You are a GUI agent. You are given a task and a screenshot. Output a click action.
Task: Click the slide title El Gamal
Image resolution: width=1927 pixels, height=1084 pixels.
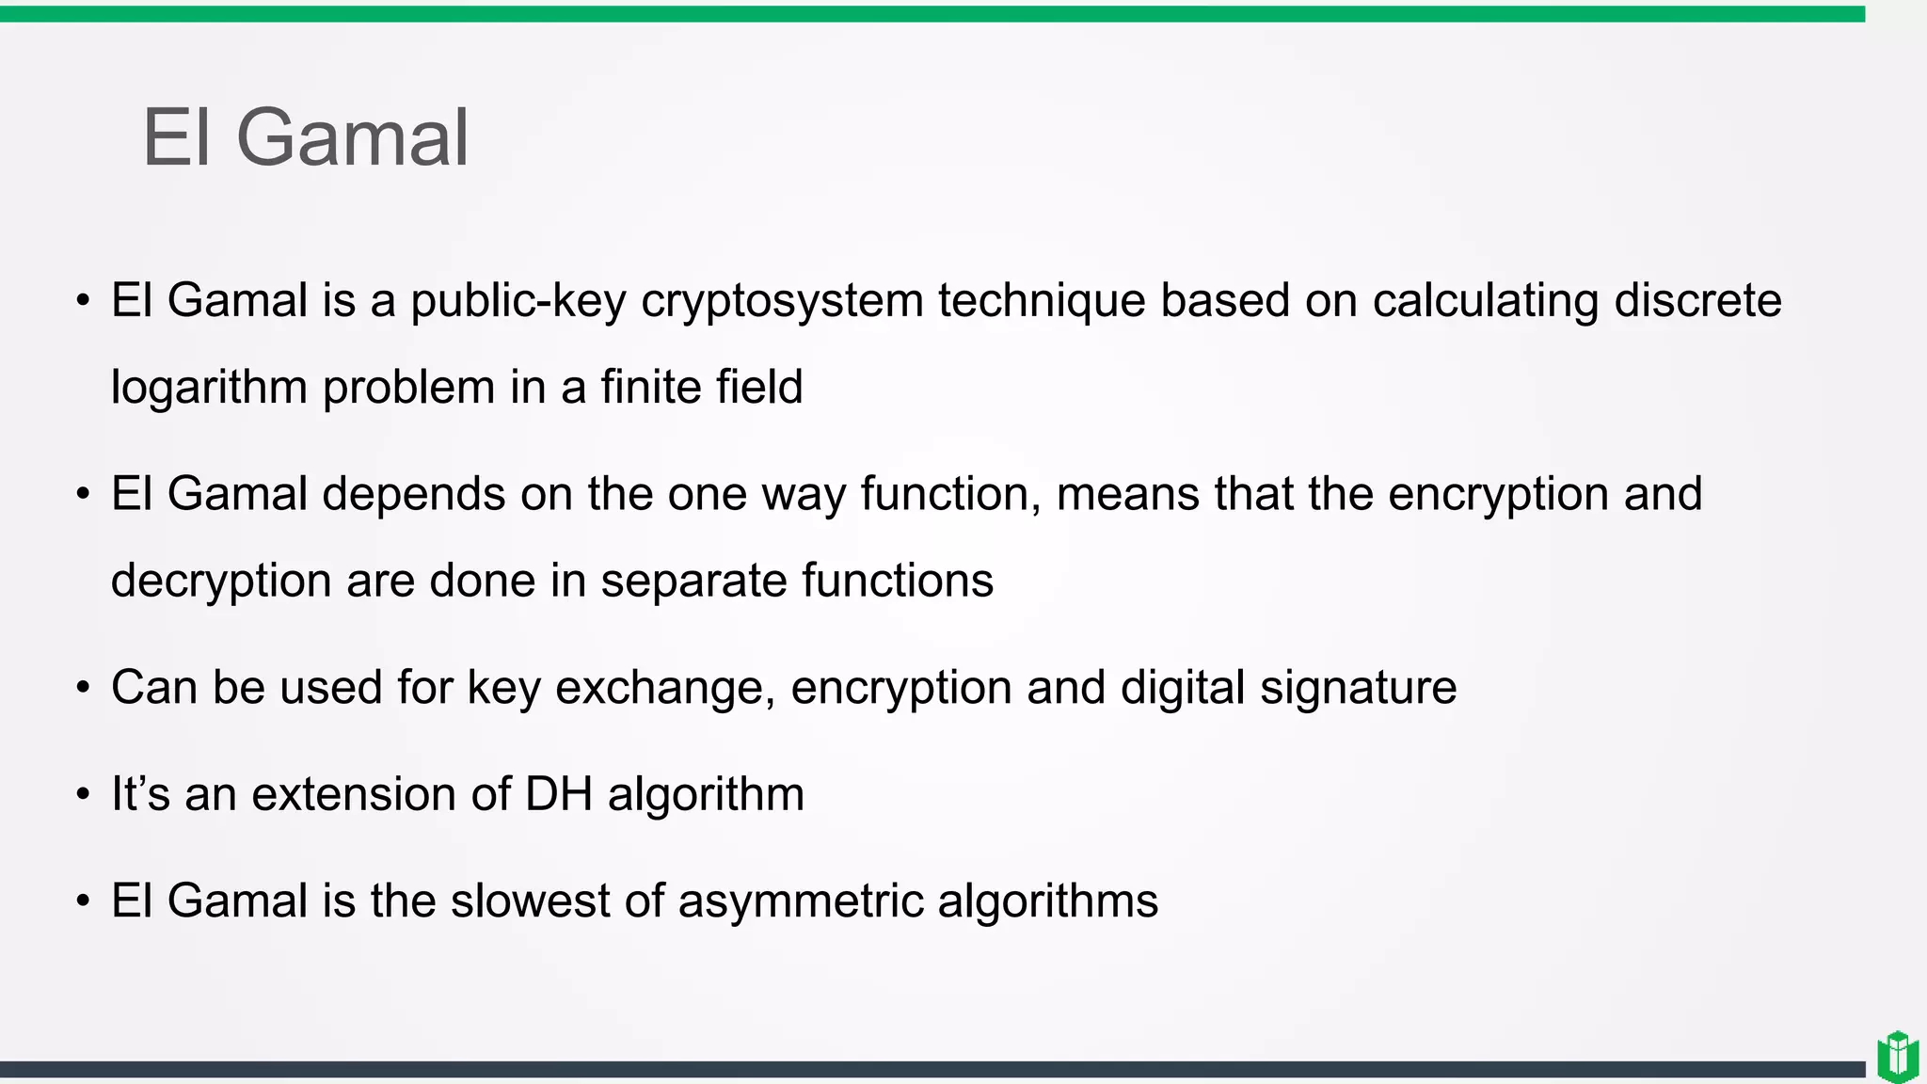coord(305,137)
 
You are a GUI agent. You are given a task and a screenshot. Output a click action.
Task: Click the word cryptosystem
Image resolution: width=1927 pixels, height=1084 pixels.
coord(782,301)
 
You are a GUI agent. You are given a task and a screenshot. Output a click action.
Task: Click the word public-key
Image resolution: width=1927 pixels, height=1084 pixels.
coord(518,301)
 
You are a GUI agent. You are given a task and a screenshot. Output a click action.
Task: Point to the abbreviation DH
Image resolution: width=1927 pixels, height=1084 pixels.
coord(558,794)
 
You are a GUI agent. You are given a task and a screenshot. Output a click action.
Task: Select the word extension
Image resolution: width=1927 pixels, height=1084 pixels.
coord(354,794)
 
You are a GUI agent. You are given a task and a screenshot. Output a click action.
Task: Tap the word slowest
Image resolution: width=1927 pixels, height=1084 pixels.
coord(530,901)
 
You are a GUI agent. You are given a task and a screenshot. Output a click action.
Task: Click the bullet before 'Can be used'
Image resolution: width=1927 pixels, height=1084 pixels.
coord(84,688)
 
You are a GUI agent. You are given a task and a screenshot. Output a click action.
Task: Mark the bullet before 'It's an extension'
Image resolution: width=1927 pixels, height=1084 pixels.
coord(84,795)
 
